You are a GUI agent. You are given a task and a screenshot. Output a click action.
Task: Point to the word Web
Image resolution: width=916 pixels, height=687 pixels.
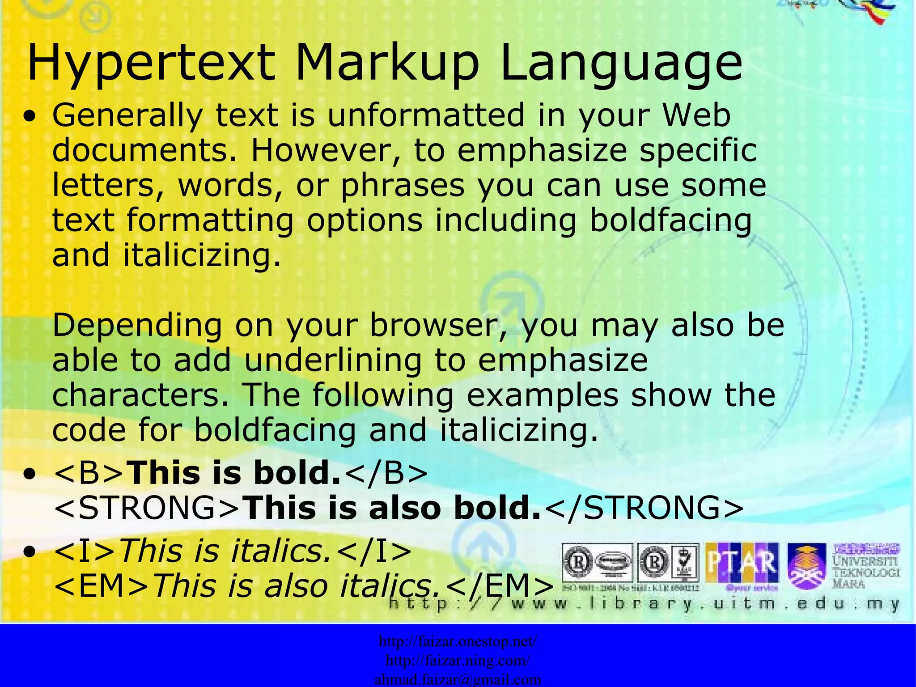point(696,115)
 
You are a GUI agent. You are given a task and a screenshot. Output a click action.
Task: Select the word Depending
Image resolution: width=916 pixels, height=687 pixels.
point(137,325)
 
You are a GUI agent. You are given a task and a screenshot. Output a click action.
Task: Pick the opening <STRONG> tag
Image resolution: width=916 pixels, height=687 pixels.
point(148,508)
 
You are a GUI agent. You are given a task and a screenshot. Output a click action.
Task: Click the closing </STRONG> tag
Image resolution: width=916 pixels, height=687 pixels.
point(645,508)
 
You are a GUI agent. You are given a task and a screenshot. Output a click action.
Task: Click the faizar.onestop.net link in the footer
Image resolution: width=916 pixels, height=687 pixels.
point(458,641)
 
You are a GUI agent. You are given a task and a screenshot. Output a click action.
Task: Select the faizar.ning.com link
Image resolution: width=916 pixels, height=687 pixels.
point(458,660)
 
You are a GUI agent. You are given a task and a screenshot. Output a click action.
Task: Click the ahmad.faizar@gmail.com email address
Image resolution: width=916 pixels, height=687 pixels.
point(458,680)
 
